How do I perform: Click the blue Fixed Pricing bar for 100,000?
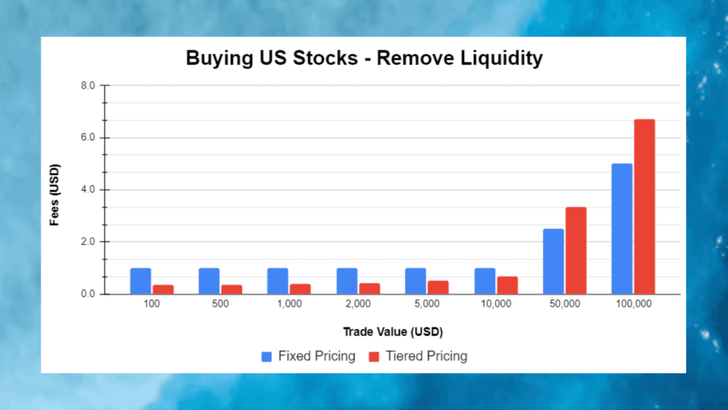622,228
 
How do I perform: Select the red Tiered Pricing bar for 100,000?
645,206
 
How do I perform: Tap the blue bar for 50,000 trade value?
553,261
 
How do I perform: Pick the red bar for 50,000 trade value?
576,251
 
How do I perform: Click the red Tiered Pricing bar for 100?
164,289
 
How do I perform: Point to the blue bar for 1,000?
278,280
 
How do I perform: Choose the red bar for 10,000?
508,285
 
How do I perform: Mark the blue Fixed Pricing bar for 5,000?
415,280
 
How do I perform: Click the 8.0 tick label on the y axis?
88,85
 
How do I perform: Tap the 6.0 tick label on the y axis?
88,137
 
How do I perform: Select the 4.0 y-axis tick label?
88,189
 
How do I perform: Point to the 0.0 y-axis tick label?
88,294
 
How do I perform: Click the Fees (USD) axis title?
54,195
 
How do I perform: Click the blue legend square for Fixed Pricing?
267,357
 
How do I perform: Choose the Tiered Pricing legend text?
426,357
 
